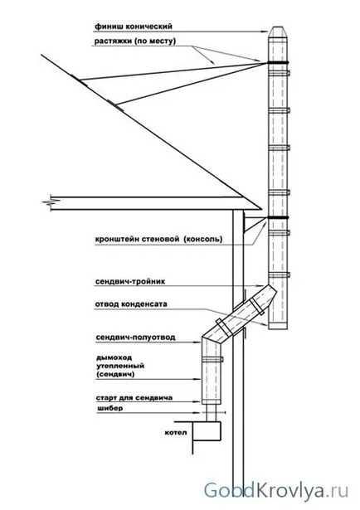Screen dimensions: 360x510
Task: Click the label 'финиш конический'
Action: click(134, 27)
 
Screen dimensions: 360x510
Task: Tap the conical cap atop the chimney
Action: click(277, 32)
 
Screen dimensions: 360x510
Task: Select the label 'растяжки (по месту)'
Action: click(135, 41)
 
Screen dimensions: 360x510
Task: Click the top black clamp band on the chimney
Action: click(277, 62)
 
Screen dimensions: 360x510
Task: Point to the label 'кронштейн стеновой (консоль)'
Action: click(159, 240)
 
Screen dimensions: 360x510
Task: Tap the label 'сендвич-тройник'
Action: click(130, 281)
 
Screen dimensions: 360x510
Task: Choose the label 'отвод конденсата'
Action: click(131, 304)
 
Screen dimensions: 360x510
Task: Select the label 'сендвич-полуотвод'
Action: click(135, 338)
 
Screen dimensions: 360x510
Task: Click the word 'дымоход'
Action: click(109, 357)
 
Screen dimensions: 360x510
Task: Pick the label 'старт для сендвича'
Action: click(134, 398)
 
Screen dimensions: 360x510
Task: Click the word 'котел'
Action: click(176, 433)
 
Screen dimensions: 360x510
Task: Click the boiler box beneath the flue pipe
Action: click(207, 431)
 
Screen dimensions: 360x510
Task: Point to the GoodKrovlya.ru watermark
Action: click(275, 491)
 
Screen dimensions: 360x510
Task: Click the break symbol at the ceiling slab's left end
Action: click(48, 202)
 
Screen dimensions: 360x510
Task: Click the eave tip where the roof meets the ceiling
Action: click(261, 209)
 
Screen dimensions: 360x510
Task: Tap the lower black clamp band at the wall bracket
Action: click(277, 217)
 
